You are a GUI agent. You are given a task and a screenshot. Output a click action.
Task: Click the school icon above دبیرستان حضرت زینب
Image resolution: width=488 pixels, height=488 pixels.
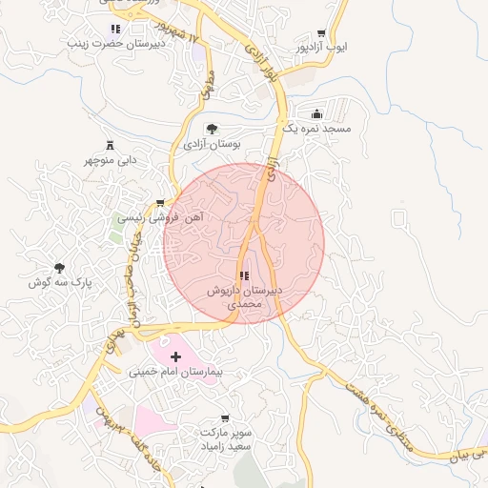point(116,30)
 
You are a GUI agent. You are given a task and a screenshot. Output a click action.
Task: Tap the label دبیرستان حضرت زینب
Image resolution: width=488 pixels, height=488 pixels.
point(116,44)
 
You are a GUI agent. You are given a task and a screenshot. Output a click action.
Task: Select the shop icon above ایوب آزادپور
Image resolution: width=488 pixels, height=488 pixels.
point(333,31)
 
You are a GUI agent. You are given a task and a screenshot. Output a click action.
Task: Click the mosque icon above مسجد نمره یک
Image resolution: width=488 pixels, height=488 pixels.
point(317,113)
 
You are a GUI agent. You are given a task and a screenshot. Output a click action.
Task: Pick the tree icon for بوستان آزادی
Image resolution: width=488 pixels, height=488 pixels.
point(212,129)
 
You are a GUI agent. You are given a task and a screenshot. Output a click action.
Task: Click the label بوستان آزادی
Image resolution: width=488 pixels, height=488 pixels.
point(212,144)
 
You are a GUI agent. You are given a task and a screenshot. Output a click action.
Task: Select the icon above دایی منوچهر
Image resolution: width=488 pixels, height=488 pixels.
point(108,145)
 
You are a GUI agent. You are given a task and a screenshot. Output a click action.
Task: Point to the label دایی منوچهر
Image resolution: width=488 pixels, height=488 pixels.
point(108,160)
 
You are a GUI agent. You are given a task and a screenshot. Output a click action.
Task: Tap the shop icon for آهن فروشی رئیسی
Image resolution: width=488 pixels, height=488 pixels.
point(159,203)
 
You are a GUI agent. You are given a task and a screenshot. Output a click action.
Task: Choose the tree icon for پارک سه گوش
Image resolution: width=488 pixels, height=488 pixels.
point(60,269)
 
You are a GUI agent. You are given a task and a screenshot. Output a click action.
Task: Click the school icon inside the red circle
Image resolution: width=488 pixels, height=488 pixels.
point(244,275)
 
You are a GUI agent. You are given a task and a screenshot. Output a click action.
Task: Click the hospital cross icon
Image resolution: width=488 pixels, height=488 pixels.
point(174,356)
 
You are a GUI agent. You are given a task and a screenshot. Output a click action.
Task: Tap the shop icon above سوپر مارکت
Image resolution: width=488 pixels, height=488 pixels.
point(225,418)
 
